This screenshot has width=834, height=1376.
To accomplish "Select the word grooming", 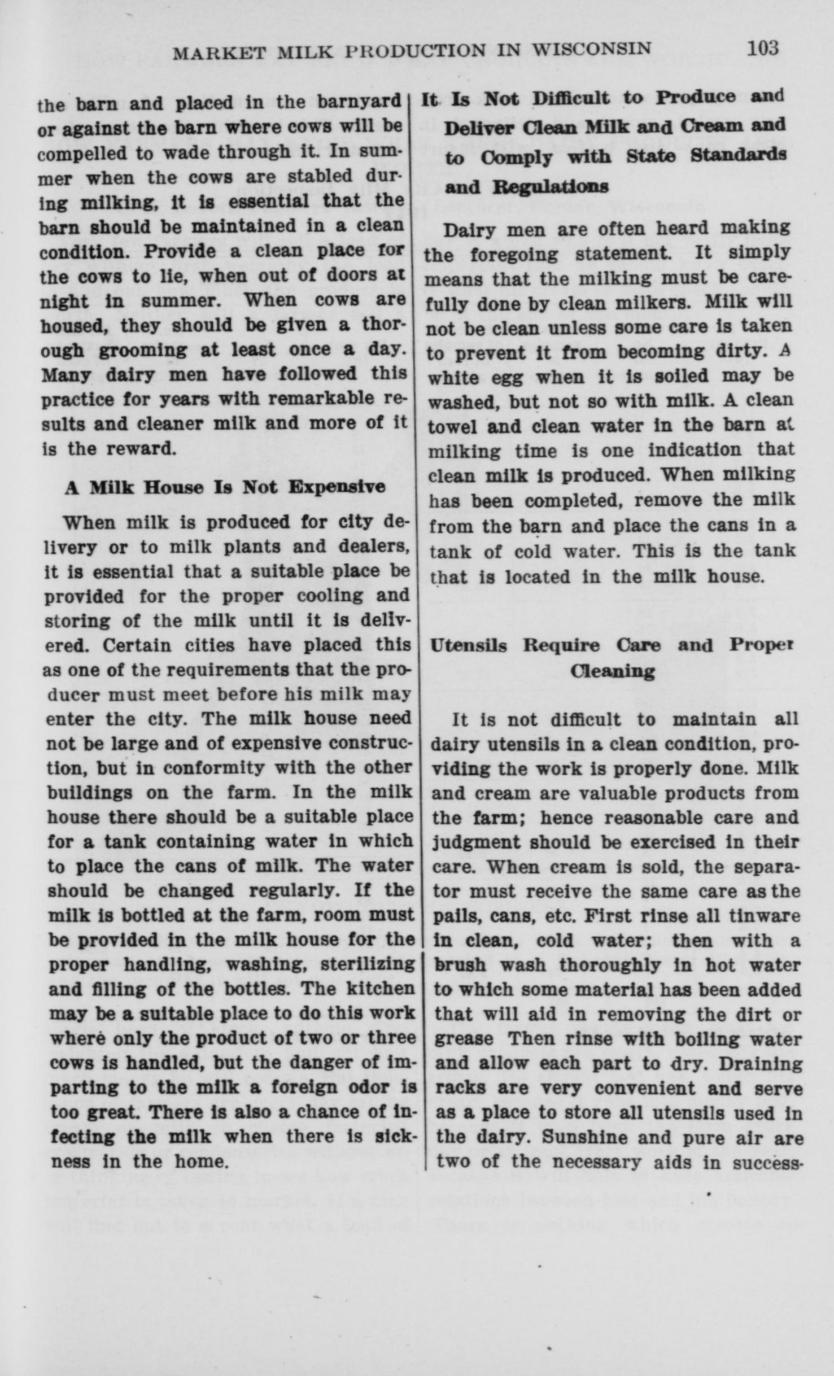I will click(146, 351).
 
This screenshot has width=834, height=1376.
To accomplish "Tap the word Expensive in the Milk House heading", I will click(337, 487).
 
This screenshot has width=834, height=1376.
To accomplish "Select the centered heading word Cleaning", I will click(612, 671).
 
